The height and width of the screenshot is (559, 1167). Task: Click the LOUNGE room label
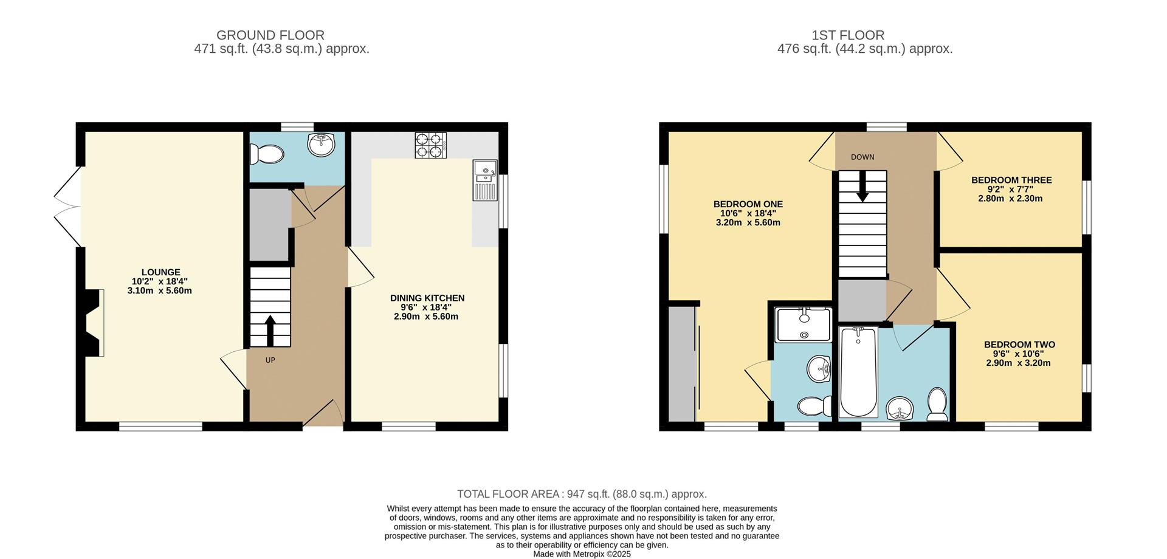[x=160, y=273]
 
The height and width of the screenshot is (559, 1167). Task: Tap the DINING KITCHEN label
[x=427, y=298]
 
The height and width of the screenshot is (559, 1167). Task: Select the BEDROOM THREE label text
[x=1011, y=180]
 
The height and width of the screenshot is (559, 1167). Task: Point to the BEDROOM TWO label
[x=1019, y=345]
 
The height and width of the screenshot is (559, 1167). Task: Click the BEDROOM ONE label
[x=748, y=205]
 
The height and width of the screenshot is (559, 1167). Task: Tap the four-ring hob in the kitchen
[x=430, y=145]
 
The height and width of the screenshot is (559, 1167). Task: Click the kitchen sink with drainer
[x=485, y=180]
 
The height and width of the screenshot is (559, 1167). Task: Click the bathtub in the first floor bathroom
[x=858, y=372]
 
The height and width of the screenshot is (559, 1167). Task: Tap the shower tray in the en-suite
[x=804, y=324]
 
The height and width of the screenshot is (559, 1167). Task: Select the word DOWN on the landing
[x=862, y=157]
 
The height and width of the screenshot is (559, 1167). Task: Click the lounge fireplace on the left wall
[x=92, y=323]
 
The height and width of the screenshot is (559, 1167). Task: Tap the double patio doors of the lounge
[x=68, y=207]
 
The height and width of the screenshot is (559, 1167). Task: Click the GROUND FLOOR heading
[x=270, y=35]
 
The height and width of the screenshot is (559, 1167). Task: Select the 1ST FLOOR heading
[x=864, y=35]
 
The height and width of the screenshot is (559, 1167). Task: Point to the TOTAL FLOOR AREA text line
[x=582, y=494]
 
